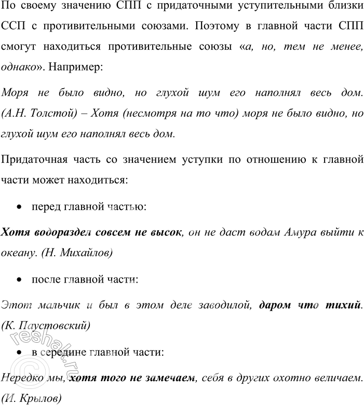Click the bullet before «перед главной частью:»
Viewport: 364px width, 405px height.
(19, 207)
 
